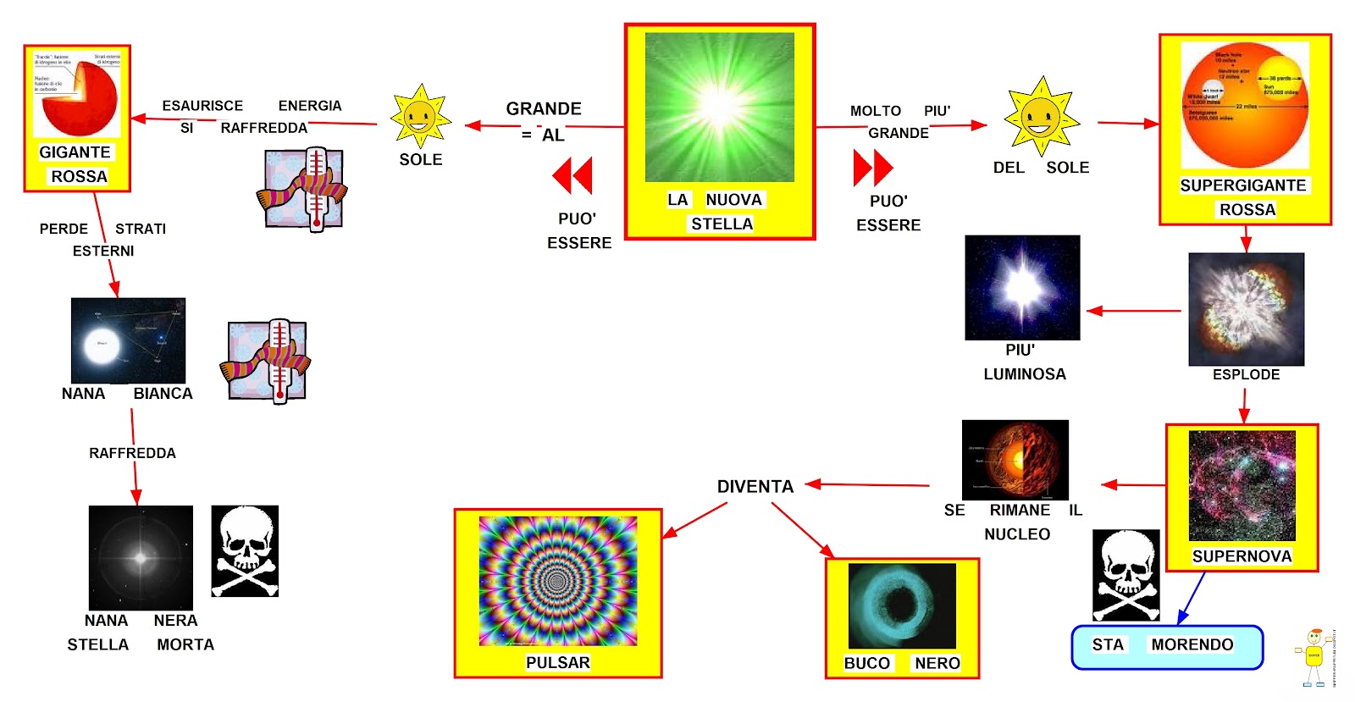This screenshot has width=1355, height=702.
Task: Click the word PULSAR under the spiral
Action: tap(557, 662)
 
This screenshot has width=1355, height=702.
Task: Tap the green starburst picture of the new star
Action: tap(719, 107)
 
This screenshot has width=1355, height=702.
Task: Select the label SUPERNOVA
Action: tap(1242, 556)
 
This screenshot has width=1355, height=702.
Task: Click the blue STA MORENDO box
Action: tap(1166, 647)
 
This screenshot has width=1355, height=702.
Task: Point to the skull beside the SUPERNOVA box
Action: tap(1125, 575)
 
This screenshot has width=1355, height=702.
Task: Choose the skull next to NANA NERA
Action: tap(245, 550)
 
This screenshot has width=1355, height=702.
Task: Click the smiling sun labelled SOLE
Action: tap(420, 117)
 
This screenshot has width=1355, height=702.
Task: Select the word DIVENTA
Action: tap(755, 487)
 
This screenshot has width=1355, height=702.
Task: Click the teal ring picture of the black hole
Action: tap(902, 605)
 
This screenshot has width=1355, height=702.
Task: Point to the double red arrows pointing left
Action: tap(572, 175)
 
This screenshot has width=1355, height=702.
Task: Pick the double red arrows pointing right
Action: tap(873, 168)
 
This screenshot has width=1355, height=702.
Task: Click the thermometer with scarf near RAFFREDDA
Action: tap(304, 189)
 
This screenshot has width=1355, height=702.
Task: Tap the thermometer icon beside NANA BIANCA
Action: tap(267, 361)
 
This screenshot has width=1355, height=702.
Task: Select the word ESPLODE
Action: tap(1246, 374)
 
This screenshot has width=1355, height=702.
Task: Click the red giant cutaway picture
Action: tap(76, 94)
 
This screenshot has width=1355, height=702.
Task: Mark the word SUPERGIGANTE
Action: tap(1242, 185)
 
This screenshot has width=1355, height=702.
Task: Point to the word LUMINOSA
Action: tap(1024, 374)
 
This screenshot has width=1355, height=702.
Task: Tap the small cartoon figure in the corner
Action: tap(1314, 657)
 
